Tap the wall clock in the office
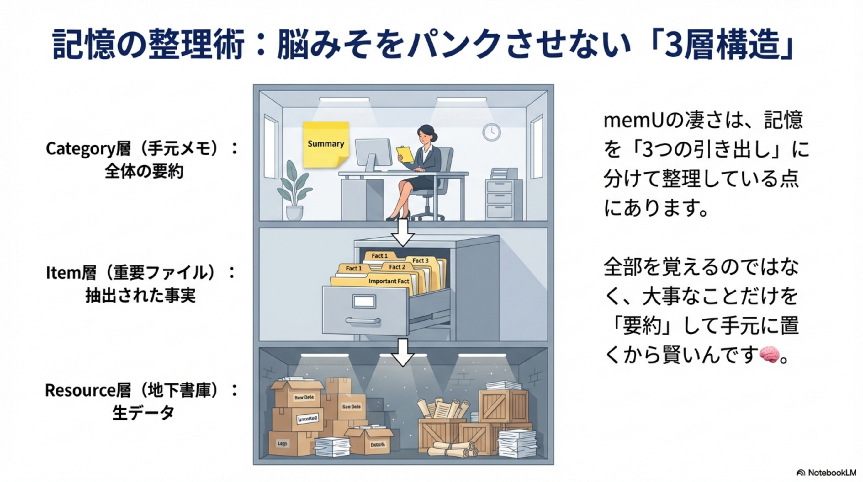[491, 132]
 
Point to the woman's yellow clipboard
[405, 154]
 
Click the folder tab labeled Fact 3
[421, 260]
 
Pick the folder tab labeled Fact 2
[397, 267]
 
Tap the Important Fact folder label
[389, 281]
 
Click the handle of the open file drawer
[363, 321]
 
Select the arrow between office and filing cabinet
[403, 233]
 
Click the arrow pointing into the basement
[403, 353]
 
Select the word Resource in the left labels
[80, 390]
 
